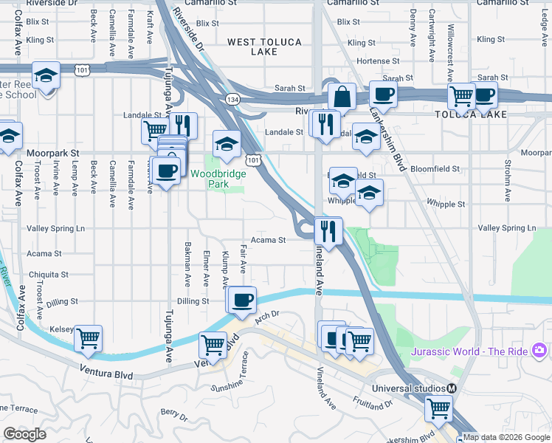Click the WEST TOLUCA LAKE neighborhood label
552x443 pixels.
[264, 48]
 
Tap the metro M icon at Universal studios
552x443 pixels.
[452, 388]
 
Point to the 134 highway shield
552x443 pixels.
[233, 99]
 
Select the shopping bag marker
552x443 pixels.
[342, 97]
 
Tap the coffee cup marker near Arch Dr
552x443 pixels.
[241, 300]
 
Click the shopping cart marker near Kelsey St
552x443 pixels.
[88, 338]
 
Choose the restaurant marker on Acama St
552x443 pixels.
[328, 230]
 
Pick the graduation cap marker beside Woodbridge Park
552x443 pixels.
[227, 143]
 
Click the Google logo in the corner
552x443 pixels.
[24, 434]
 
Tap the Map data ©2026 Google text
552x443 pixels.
[506, 437]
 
